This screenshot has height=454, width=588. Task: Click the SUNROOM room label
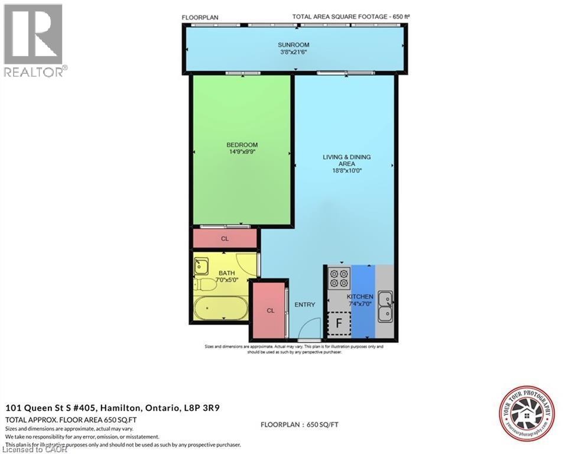pyautogui.click(x=294, y=45)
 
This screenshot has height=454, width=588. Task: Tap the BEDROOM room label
pyautogui.click(x=242, y=145)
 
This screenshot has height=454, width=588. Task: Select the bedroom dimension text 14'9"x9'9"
pyautogui.click(x=242, y=152)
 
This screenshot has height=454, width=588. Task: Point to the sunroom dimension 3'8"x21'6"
pyautogui.click(x=294, y=52)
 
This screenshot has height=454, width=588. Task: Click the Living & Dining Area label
pyautogui.click(x=346, y=160)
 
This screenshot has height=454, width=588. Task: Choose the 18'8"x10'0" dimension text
pyautogui.click(x=346, y=171)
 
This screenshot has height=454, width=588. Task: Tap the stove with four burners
pyautogui.click(x=339, y=277)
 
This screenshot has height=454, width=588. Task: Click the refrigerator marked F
pyautogui.click(x=339, y=323)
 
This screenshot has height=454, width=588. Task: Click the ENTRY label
pyautogui.click(x=305, y=304)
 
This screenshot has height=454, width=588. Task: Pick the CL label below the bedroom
pyautogui.click(x=225, y=239)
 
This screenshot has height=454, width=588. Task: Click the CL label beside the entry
pyautogui.click(x=270, y=310)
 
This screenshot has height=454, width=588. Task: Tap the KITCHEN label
pyautogui.click(x=359, y=297)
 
